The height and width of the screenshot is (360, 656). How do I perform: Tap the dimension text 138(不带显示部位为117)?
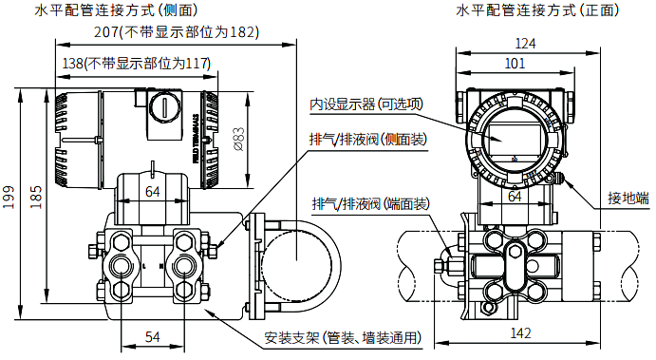(135, 63)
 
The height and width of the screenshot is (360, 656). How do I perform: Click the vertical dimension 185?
(36, 195)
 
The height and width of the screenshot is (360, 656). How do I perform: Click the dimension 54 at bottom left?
(151, 337)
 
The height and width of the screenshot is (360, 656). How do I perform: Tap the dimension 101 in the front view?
(515, 64)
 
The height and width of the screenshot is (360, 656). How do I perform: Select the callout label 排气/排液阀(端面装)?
(370, 204)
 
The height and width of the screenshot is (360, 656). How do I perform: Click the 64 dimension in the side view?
(152, 192)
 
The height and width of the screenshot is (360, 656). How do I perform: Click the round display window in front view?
(515, 136)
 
